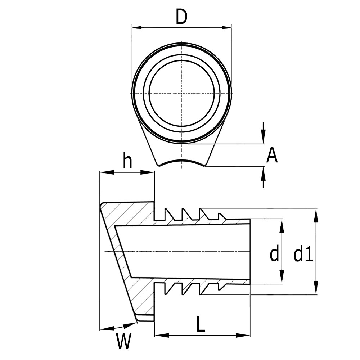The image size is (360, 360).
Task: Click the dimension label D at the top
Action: coord(182,17)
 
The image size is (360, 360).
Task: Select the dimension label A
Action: coord(272,156)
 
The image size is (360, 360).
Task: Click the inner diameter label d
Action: coord(274,255)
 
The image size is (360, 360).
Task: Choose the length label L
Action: coord(201,324)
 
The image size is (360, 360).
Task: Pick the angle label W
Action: coord(123,342)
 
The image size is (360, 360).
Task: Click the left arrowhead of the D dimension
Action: coord(136,27)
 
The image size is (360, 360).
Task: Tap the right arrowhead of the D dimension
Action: coord(227,27)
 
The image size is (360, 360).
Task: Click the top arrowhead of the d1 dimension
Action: coord(316,213)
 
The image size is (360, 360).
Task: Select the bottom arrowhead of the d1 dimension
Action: coord(316,290)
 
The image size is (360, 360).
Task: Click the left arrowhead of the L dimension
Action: coord(159,336)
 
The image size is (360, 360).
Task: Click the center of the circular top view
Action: coord(182,93)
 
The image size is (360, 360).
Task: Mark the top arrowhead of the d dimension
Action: coord(282,223)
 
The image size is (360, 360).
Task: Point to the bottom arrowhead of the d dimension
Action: coord(282,279)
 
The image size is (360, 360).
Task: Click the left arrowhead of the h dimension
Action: coord(104,172)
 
